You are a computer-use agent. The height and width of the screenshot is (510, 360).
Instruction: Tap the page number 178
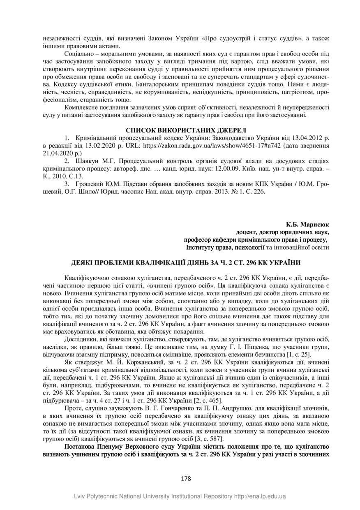[x=186, y=478]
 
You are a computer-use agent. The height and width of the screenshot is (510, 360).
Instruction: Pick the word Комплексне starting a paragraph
[x=81, y=107]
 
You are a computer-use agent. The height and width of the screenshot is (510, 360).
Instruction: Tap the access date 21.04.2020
[x=56, y=153]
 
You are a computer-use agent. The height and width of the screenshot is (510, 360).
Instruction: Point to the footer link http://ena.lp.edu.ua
[x=258, y=497]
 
